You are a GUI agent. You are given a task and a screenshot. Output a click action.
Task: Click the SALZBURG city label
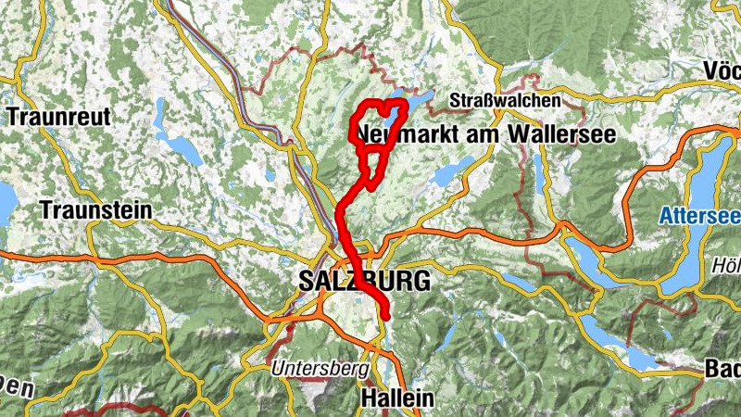pyautogui.click(x=365, y=281)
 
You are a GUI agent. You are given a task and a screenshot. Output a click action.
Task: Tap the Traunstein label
pyautogui.click(x=95, y=210)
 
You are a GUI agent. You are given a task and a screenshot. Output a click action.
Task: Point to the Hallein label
pyautogui.click(x=396, y=398)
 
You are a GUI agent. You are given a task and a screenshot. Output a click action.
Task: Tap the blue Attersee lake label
pyautogui.click(x=699, y=217)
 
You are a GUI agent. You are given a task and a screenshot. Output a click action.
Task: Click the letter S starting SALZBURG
pyautogui.click(x=306, y=281)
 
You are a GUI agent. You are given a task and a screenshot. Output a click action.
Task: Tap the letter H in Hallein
pyautogui.click(x=365, y=398)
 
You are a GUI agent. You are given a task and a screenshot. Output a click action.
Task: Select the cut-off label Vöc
pyautogui.click(x=721, y=71)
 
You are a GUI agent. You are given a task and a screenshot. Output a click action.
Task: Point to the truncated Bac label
pyautogui.click(x=722, y=368)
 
